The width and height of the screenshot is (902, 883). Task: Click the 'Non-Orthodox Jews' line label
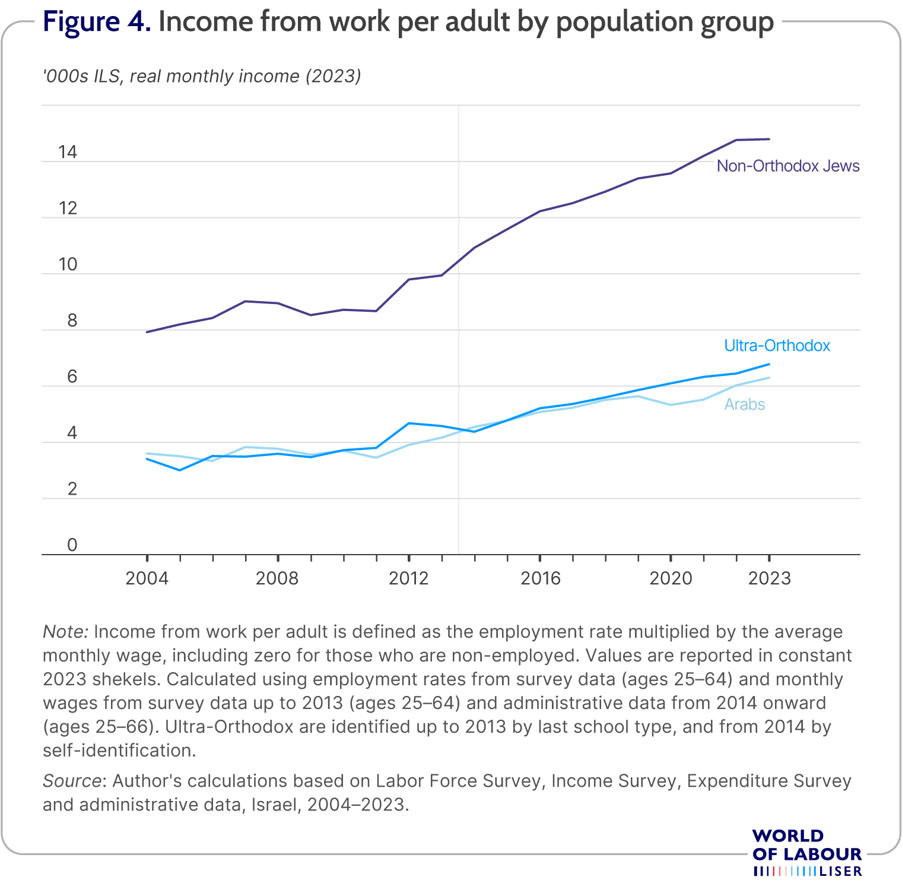pos(788,166)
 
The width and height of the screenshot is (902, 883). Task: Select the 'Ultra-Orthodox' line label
pos(777,346)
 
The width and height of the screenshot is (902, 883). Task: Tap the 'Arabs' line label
pos(745,404)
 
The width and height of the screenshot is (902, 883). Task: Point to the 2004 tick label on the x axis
pos(147,578)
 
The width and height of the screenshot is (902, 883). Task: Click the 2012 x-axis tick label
pos(408,578)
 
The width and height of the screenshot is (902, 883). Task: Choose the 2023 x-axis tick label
pos(770,578)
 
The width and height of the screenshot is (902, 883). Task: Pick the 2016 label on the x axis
pos(540,578)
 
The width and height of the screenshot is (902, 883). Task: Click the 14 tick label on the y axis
pos(68,153)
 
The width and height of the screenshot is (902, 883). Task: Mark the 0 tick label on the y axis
pos(72,545)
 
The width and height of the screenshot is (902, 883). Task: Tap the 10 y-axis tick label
pos(68,265)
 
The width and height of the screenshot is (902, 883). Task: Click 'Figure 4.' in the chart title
pos(97,22)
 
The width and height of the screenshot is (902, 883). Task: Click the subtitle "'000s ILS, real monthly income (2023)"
pos(202,77)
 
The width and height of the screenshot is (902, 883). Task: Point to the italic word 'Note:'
pos(65,631)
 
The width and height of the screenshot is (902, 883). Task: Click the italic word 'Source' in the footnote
pos(71,781)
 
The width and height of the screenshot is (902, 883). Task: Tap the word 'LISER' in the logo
pos(840,871)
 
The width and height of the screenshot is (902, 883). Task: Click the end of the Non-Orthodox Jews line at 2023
pos(769,139)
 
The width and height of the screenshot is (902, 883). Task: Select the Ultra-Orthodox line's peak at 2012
pos(408,423)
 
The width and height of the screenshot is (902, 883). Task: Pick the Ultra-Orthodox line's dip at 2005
pos(180,470)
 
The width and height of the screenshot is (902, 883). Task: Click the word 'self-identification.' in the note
pos(119,751)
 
